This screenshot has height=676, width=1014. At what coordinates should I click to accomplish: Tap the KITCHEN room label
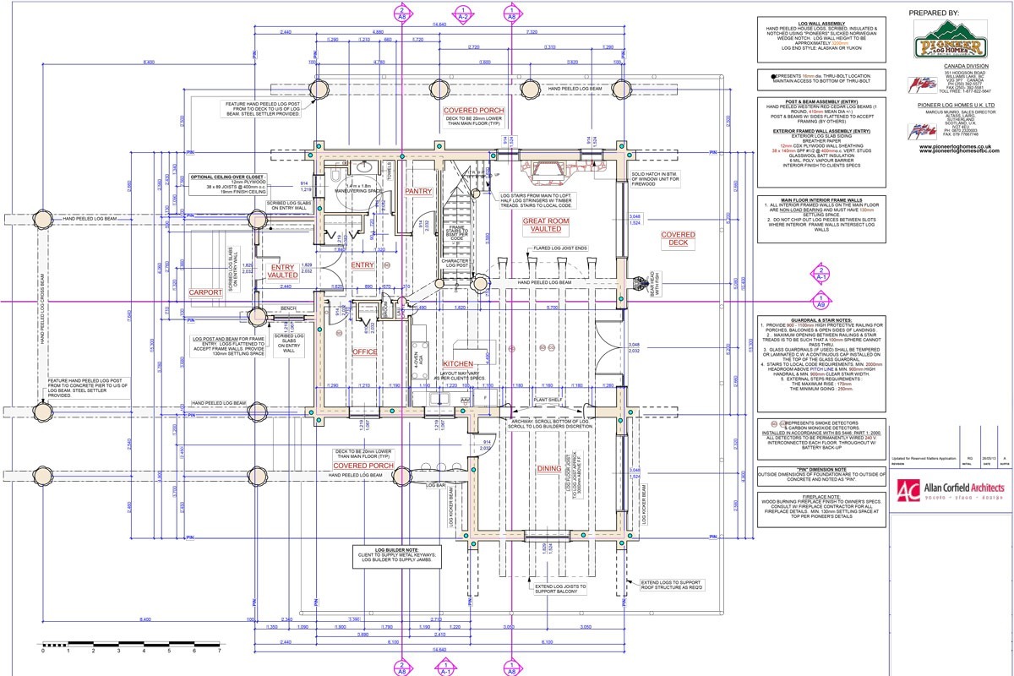click(x=457, y=364)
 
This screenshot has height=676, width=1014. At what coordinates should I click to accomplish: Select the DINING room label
click(x=548, y=469)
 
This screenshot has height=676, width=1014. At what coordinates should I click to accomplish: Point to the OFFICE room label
click(x=364, y=352)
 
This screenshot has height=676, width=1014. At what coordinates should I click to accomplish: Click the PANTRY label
click(x=418, y=192)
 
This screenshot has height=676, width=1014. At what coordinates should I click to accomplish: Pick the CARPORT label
click(x=205, y=292)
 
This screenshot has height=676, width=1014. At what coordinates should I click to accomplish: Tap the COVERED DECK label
click(x=678, y=240)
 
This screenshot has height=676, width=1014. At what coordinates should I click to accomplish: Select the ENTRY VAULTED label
click(x=282, y=270)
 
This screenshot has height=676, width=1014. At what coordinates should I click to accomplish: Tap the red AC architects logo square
click(x=908, y=491)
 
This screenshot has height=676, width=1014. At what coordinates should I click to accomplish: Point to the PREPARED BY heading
click(x=934, y=14)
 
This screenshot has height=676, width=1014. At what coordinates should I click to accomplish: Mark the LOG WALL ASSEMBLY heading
click(x=822, y=22)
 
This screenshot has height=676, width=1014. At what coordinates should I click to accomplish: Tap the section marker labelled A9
click(x=820, y=303)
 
